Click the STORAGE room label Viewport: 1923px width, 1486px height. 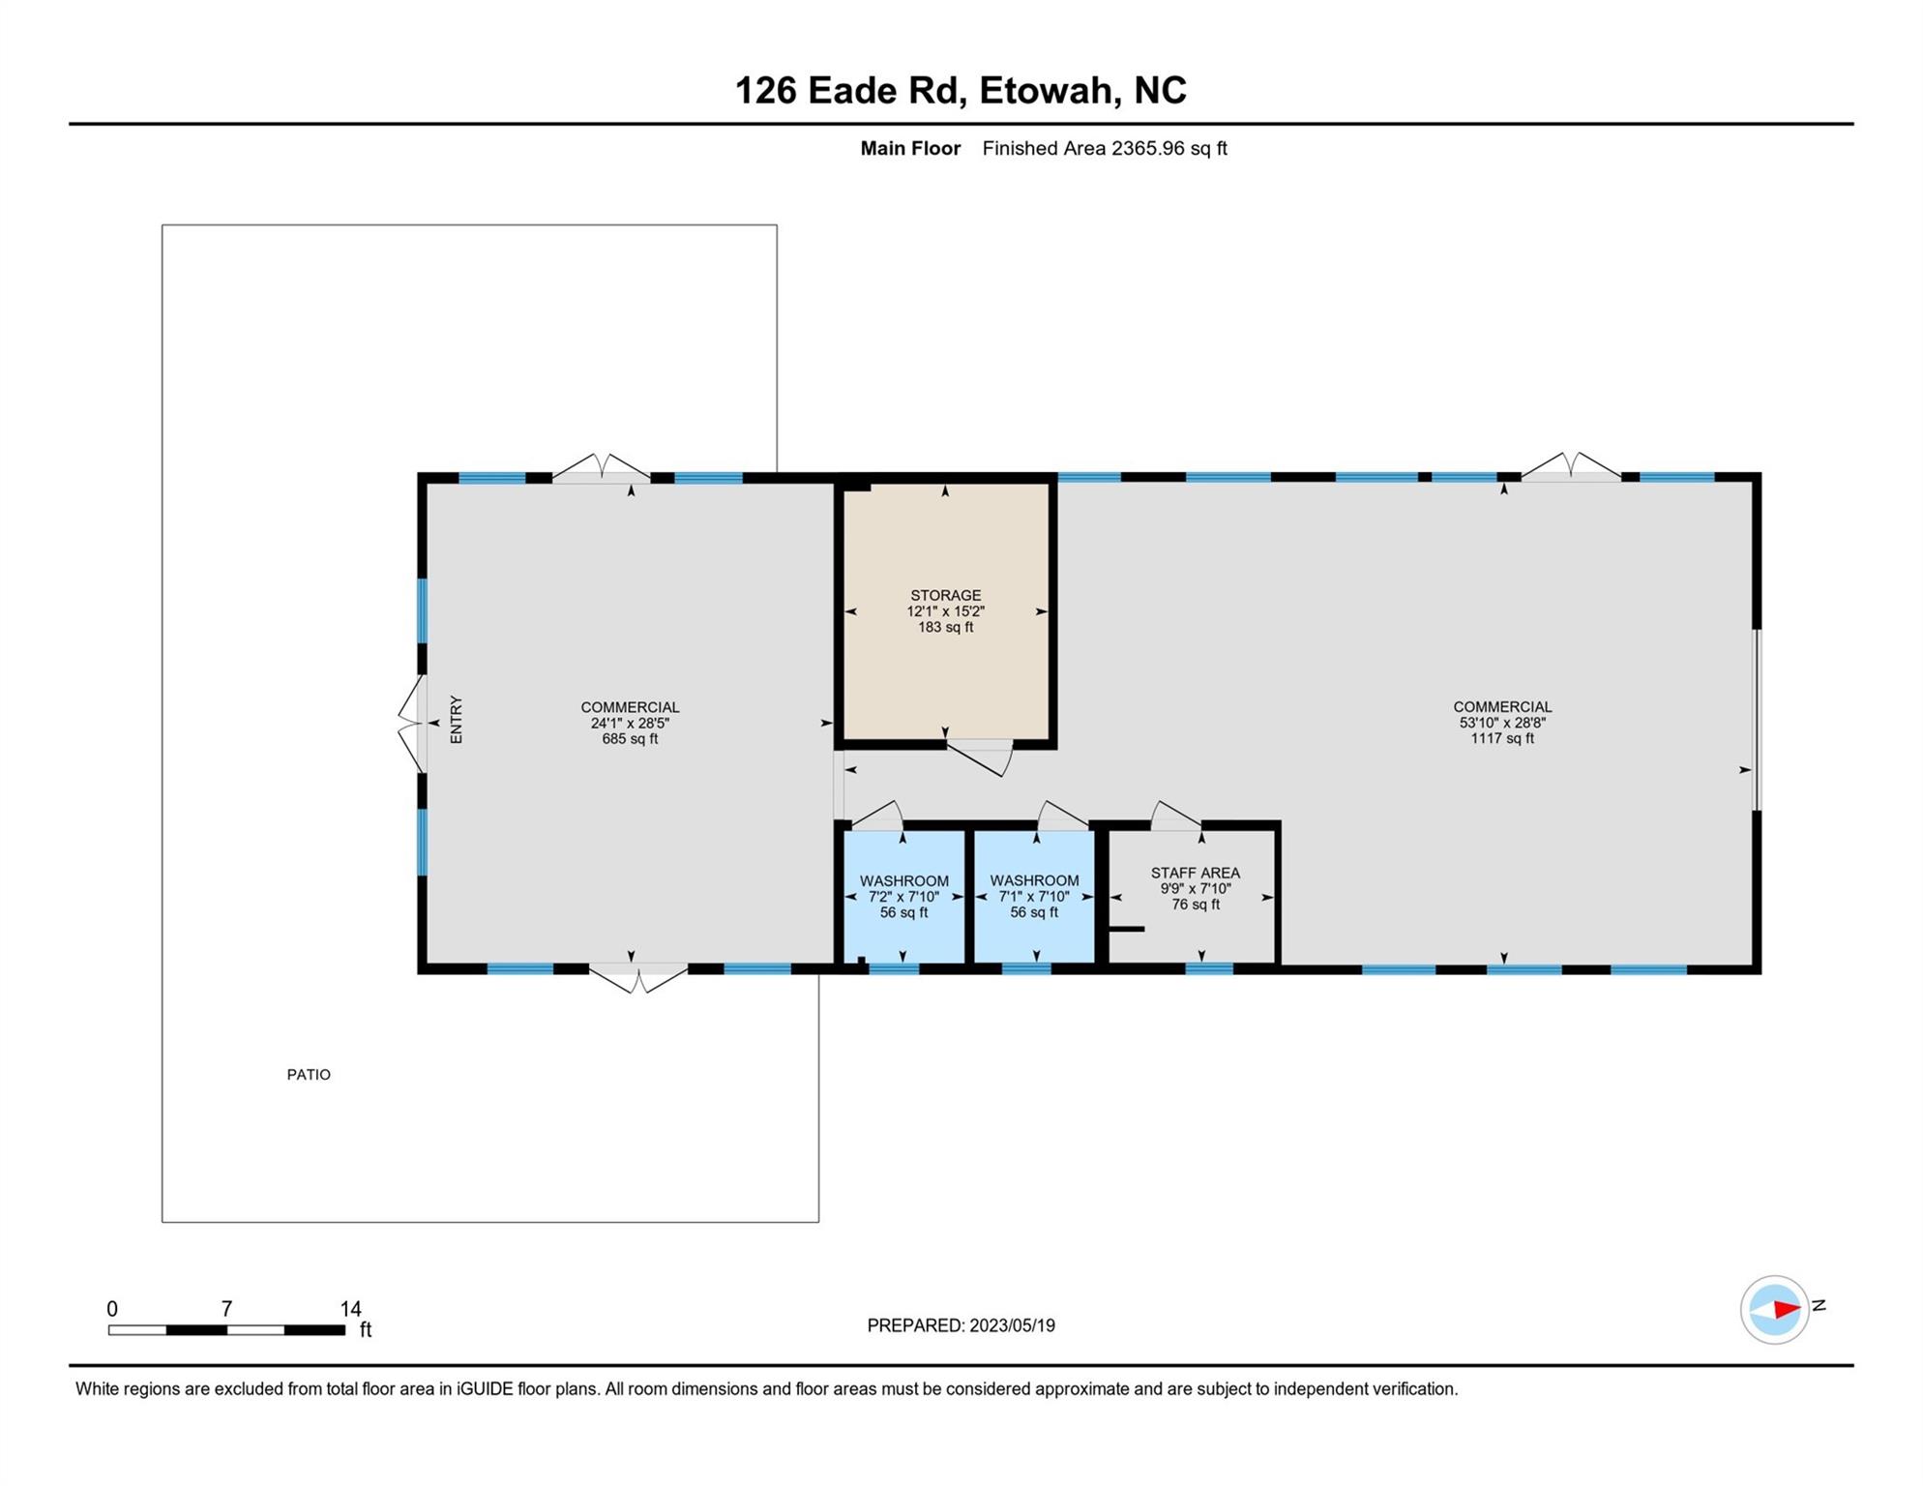945,595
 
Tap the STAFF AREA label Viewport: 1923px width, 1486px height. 1195,873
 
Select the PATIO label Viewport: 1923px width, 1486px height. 309,1074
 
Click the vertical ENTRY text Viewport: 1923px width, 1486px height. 457,720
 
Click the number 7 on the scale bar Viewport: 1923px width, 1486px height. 226,1309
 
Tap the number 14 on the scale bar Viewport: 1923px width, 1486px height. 350,1309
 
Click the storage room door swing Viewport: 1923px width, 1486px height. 979,758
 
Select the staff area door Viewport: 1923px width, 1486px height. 1175,815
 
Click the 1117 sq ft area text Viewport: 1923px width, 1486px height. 1502,738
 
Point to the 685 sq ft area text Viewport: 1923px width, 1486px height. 630,738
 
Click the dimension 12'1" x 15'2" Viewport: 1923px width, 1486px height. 945,611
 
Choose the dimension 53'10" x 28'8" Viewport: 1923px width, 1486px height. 1502,723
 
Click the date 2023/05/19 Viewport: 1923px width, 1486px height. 1011,1325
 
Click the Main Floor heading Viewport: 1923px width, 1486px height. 910,148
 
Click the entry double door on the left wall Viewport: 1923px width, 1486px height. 411,723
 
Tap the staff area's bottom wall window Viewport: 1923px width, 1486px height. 1209,968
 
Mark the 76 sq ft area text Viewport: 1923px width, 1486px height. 1196,905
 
